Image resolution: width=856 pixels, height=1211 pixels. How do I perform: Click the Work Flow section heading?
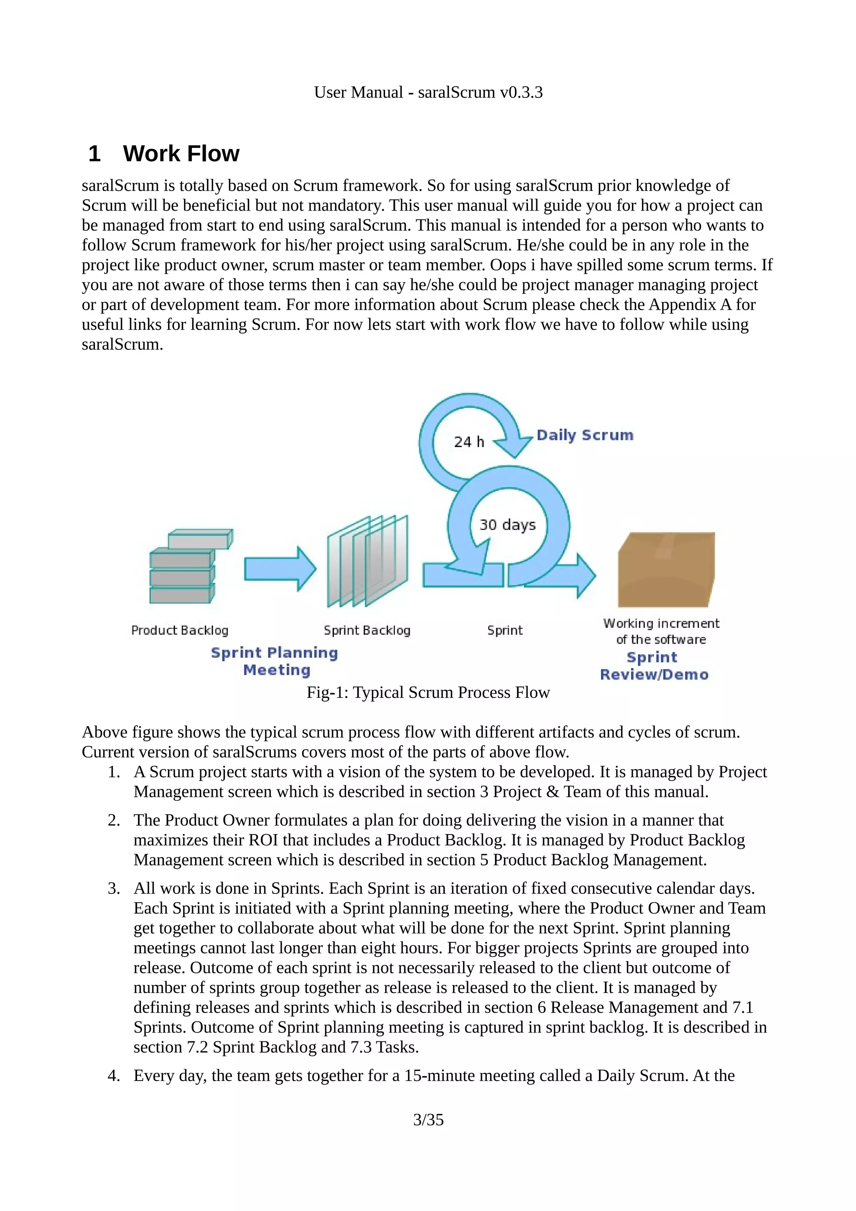click(x=181, y=153)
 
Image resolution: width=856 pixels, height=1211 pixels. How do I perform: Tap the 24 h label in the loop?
click(x=469, y=441)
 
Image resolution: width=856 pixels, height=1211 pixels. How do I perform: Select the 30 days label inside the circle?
click(x=507, y=525)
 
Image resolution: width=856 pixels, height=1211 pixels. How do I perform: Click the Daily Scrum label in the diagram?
click(x=585, y=435)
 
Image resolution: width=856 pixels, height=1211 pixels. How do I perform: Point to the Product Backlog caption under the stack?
click(x=180, y=630)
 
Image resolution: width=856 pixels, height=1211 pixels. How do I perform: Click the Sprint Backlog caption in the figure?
click(x=367, y=630)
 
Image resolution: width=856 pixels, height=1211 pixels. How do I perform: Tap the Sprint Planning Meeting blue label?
click(x=275, y=661)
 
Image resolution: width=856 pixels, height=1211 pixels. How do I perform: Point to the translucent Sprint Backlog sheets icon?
click(x=368, y=562)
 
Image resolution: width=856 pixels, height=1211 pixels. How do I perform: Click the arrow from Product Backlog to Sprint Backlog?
click(x=280, y=569)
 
